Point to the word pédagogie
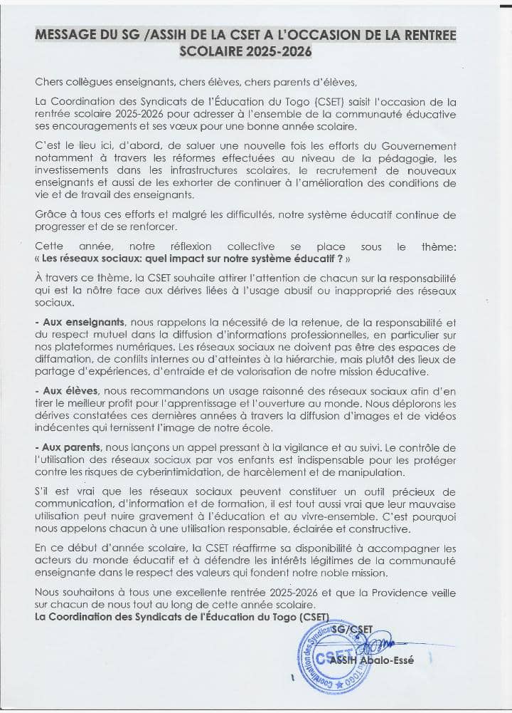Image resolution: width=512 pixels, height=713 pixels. click(x=417, y=159)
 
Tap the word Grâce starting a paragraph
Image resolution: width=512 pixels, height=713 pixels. click(x=50, y=214)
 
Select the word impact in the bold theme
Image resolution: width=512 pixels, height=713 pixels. click(x=174, y=260)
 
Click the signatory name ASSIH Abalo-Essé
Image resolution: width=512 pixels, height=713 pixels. click(x=380, y=660)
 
